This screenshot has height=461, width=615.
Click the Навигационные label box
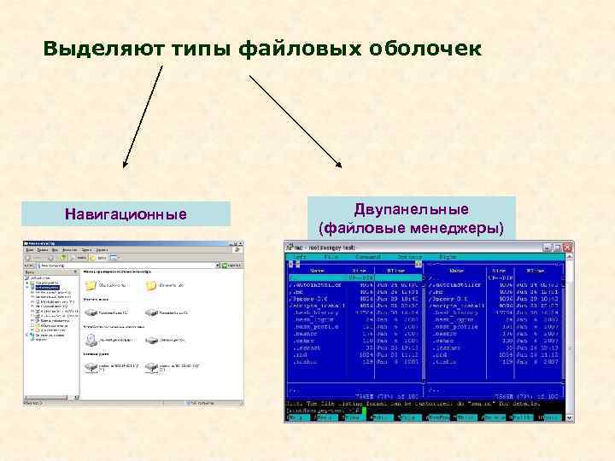(x=126, y=213)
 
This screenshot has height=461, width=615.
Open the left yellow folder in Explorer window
(x=91, y=286)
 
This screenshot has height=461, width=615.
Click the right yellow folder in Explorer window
(x=151, y=286)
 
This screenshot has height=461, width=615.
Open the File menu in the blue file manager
(x=331, y=256)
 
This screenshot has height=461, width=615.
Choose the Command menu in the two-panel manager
(x=368, y=256)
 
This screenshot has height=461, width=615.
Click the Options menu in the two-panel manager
(x=409, y=256)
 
